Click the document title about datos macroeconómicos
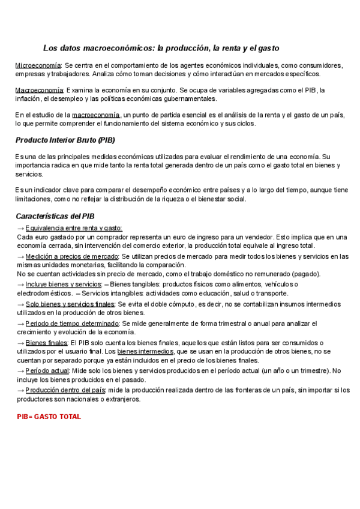coord(161,47)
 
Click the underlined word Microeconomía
coord(37,65)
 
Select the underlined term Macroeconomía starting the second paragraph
coord(37,90)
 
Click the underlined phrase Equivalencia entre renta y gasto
coord(74,228)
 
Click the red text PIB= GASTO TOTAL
coord(49,416)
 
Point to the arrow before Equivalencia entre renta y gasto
coord(20,228)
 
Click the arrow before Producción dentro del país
coord(20,390)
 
